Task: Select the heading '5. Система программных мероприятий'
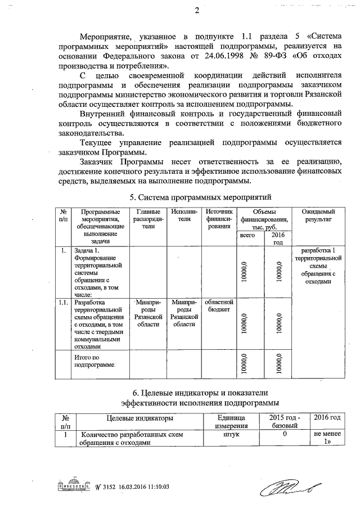[x=201, y=197]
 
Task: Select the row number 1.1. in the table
[x=63, y=302]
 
